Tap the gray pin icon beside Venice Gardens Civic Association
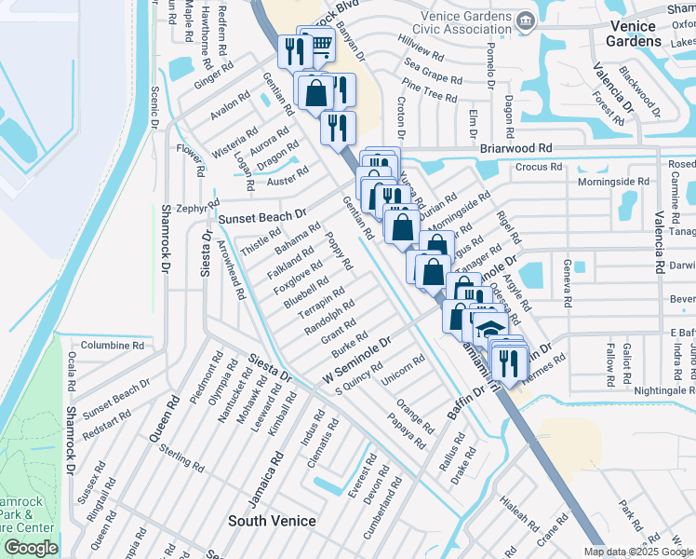click(526, 20)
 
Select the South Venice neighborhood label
click(272, 521)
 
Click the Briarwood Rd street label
click(515, 148)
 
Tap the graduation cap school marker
click(489, 329)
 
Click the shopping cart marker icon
click(320, 43)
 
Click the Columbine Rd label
click(112, 345)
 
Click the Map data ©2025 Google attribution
click(638, 552)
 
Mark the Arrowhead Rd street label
click(231, 267)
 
